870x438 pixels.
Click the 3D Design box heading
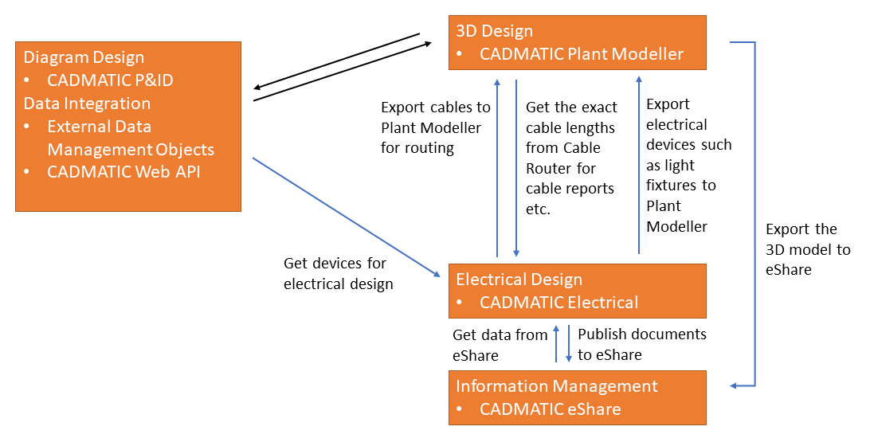[494, 32]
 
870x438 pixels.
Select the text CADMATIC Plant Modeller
[581, 54]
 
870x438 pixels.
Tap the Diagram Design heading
[84, 57]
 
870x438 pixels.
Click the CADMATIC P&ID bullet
[110, 80]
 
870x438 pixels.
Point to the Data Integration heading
[87, 104]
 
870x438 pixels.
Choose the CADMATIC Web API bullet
[123, 171]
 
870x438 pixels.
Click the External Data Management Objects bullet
[130, 138]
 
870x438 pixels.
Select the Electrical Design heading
[519, 280]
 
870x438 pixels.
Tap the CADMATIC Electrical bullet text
[558, 303]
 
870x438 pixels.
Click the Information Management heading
[556, 386]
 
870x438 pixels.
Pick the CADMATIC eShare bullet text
[550, 409]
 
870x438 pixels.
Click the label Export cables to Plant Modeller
[435, 127]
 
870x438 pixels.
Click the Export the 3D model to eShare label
[807, 249]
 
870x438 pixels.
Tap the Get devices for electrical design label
[338, 273]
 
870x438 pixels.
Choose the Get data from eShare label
[500, 345]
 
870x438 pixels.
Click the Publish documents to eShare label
[641, 344]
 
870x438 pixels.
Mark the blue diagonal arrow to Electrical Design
[347, 217]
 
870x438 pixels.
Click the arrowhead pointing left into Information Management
[735, 385]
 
